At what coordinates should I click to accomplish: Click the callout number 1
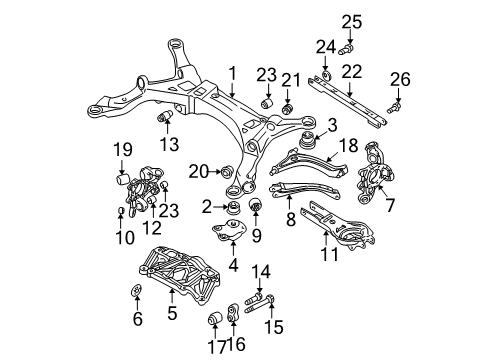(x=232, y=72)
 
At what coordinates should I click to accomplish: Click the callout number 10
(x=120, y=236)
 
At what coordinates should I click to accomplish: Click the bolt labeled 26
(x=395, y=104)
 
